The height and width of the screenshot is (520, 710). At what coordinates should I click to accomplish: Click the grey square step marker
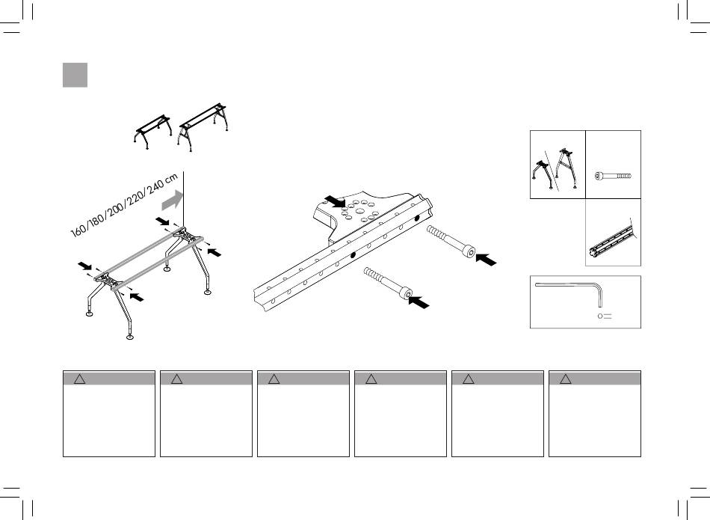tap(75, 75)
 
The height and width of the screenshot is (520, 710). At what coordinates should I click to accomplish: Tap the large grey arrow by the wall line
tap(171, 200)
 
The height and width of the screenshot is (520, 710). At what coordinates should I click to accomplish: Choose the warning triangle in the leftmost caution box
tap(80, 379)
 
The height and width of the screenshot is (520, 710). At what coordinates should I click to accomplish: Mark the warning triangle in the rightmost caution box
tap(567, 379)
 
